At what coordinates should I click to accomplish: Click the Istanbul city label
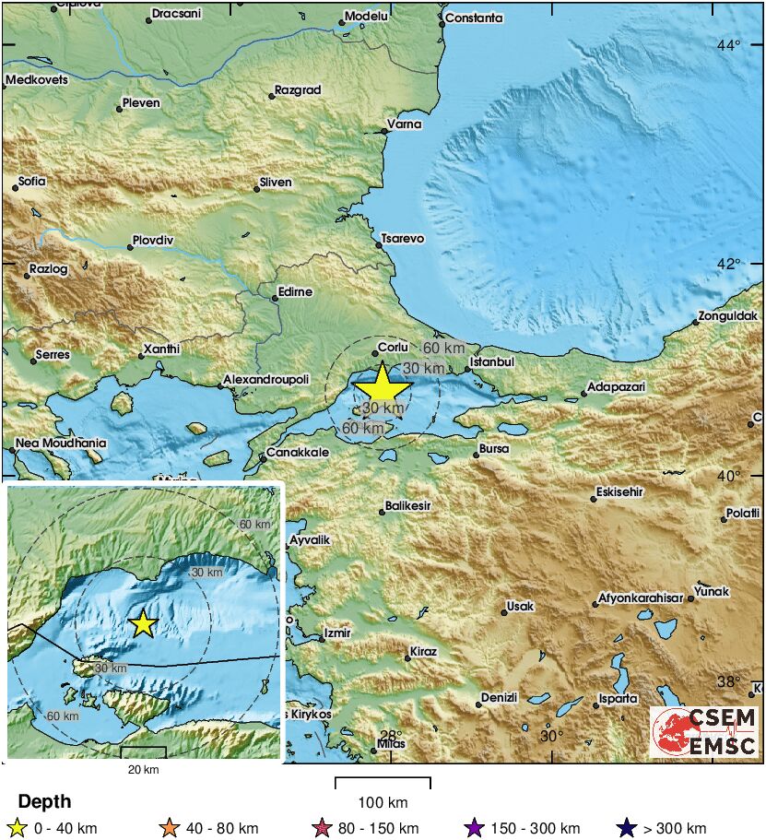pyautogui.click(x=490, y=362)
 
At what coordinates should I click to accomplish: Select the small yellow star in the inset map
pyautogui.click(x=142, y=624)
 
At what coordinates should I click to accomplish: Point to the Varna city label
pyautogui.click(x=405, y=124)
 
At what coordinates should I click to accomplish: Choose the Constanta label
pyautogui.click(x=474, y=18)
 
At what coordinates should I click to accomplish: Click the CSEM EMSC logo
pyautogui.click(x=705, y=731)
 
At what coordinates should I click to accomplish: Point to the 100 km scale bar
pyautogui.click(x=383, y=784)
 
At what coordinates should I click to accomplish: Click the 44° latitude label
pyautogui.click(x=729, y=45)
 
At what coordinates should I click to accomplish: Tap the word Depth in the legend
pyautogui.click(x=44, y=802)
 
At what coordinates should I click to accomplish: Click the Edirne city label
pyautogui.click(x=295, y=292)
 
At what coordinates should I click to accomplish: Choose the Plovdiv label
pyautogui.click(x=153, y=240)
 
